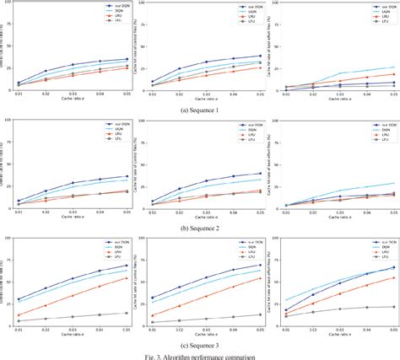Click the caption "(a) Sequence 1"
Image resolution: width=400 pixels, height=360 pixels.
200,110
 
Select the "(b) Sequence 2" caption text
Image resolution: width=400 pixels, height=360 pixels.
200,227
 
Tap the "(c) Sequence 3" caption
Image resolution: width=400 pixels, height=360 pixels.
200,345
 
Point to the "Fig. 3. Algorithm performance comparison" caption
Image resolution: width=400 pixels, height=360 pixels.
200,355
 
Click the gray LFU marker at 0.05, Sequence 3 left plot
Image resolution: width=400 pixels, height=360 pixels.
127,313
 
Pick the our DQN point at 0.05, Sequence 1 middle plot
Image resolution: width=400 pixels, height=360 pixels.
260,56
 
